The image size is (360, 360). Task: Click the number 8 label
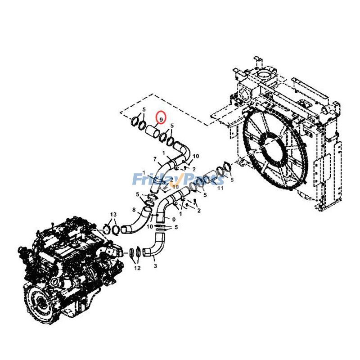(134, 210)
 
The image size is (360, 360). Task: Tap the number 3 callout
(155, 266)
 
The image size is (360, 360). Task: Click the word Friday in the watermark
(151, 179)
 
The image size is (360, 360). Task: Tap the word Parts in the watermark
(205, 179)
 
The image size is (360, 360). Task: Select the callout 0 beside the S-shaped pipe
(174, 220)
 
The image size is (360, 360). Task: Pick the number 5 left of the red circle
(144, 110)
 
